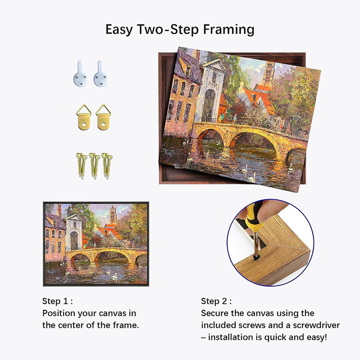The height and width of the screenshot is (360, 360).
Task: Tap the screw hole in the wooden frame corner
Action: click(x=256, y=257)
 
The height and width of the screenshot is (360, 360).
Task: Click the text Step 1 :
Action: click(x=57, y=301)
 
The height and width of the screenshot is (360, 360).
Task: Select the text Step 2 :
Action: click(x=216, y=301)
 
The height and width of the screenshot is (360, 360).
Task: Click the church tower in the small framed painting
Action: click(x=112, y=215)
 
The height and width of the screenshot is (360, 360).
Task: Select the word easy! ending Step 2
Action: click(x=315, y=337)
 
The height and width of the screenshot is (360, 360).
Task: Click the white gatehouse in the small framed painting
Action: click(x=73, y=232)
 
